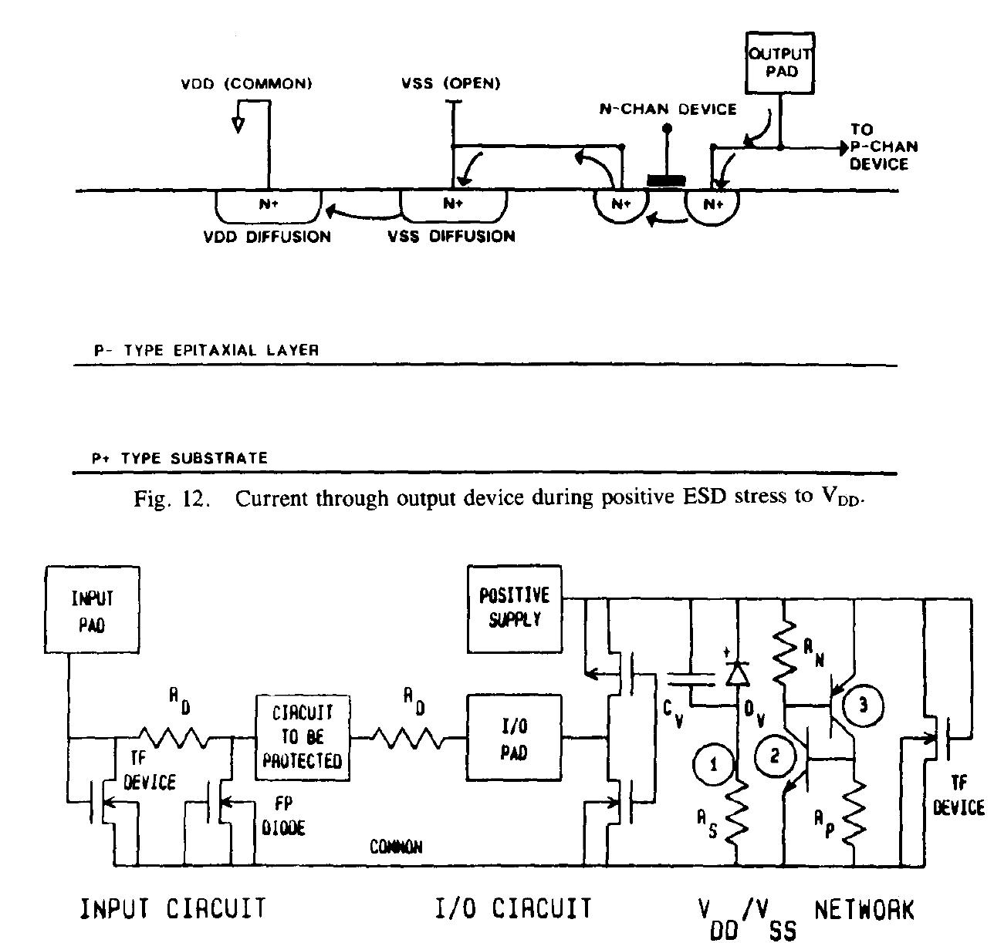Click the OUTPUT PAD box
(x=779, y=63)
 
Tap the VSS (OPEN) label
(x=451, y=84)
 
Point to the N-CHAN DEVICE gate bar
(x=666, y=181)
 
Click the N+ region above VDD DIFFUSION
(x=268, y=204)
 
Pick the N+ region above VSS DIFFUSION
(x=453, y=204)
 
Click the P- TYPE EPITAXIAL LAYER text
(x=206, y=350)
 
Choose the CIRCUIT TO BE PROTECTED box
(x=302, y=738)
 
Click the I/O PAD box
(x=514, y=738)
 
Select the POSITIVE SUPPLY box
(x=514, y=608)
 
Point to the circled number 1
(x=713, y=764)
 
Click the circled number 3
(x=862, y=705)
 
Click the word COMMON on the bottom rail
(x=396, y=847)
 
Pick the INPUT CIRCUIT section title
(x=173, y=908)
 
